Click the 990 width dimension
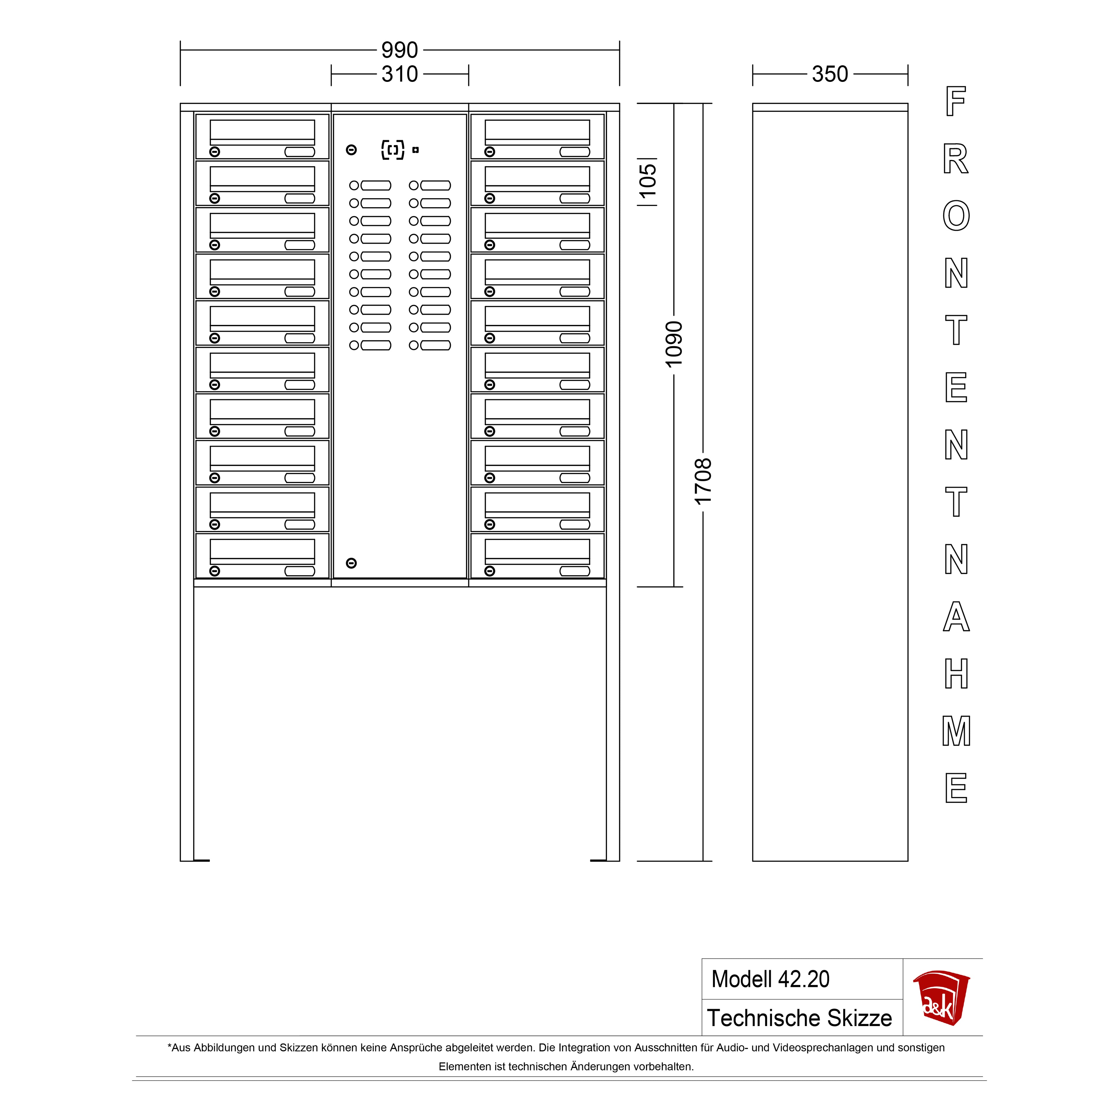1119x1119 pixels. coord(400,50)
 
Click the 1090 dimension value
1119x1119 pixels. coord(674,345)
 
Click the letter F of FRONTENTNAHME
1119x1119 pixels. coord(956,101)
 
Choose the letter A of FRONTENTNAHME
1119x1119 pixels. coord(956,617)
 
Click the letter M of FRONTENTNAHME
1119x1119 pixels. coord(956,731)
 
